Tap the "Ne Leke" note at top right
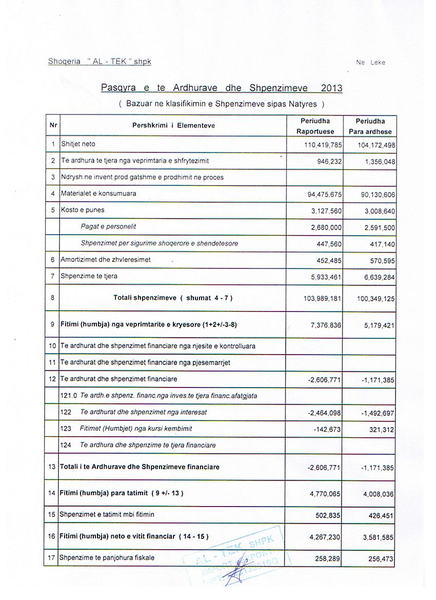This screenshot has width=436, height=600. tap(370, 63)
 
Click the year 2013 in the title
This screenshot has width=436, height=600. tap(331, 88)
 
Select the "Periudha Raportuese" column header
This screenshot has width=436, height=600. tap(315, 126)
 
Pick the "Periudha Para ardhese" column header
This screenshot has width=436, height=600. tap(370, 126)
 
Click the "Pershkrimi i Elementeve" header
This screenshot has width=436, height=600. tap(173, 125)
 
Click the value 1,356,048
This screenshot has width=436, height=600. tap(376, 161)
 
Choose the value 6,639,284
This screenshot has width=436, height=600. tap(376, 278)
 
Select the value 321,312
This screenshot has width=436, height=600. tap(380, 430)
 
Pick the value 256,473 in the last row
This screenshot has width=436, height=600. tap(380, 558)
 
